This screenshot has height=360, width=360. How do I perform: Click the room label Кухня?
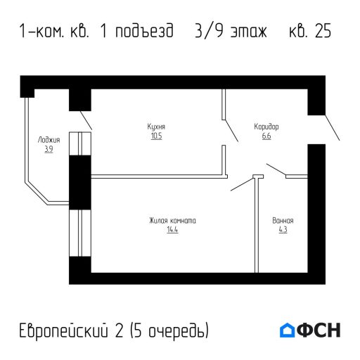[x=156, y=127]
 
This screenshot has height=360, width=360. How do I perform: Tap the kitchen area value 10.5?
[x=156, y=136]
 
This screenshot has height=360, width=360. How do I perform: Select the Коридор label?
[x=266, y=127]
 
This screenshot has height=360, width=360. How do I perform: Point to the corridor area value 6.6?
[x=266, y=136]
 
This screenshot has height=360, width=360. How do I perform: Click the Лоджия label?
[x=49, y=140]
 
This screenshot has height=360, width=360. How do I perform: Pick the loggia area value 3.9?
[x=49, y=149]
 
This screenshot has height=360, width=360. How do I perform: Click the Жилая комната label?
[x=172, y=221]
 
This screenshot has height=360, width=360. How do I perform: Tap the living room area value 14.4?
[x=172, y=230]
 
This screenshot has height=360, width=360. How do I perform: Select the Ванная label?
[x=283, y=221]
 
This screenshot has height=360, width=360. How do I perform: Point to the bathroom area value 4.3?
[x=283, y=230]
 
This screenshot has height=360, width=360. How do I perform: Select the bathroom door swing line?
[x=276, y=171]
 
